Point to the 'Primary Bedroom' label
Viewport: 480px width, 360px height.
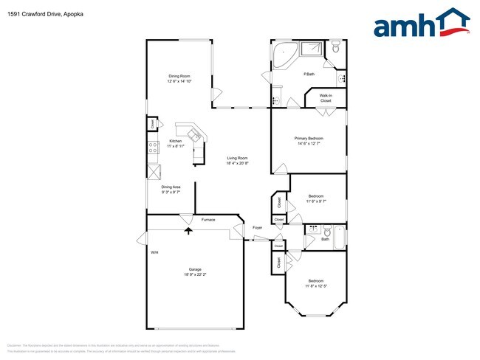309,138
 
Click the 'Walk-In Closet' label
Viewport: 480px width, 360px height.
326,97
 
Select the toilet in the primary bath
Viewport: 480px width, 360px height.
336,49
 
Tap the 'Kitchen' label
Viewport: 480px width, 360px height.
175,141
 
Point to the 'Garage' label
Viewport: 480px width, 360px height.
195,269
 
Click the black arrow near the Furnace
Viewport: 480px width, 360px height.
188,231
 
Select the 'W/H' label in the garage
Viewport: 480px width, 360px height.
154,253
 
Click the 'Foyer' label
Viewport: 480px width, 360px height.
257,227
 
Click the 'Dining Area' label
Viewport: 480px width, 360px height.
171,187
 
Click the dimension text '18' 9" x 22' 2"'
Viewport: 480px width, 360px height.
195,274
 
